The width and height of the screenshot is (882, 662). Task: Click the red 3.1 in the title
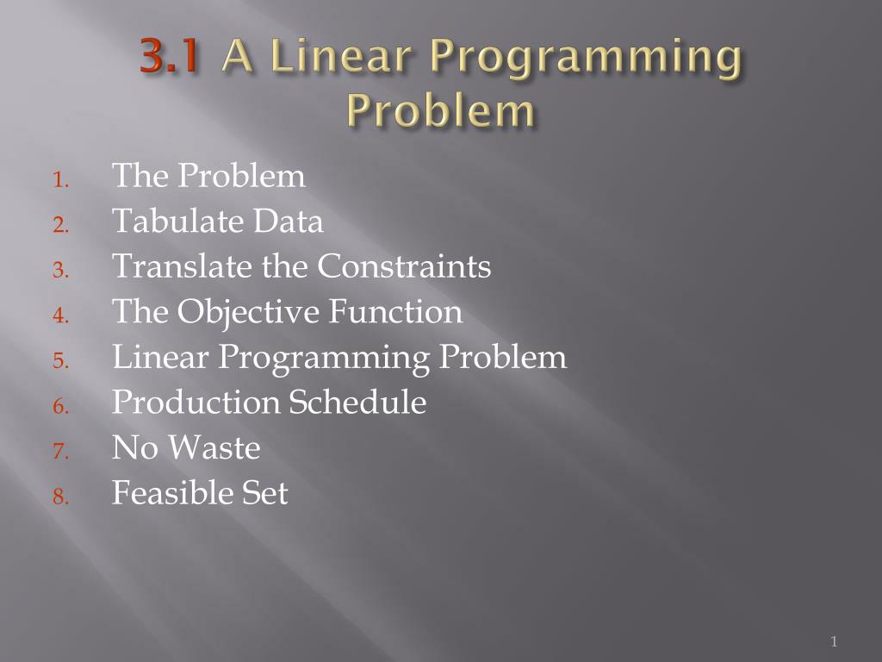pos(171,59)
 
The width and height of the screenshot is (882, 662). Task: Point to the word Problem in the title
pos(439,111)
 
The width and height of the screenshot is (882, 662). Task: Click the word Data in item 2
pos(289,222)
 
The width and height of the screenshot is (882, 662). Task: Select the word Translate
pos(168,266)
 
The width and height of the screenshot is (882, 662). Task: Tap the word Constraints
pos(404,266)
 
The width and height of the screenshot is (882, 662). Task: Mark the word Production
pos(196,402)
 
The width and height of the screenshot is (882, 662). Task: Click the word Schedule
pos(357,402)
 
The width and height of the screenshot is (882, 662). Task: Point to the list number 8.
pos(59,496)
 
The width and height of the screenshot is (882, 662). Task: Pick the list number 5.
pos(59,361)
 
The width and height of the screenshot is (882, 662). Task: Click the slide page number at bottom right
pos(834,640)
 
